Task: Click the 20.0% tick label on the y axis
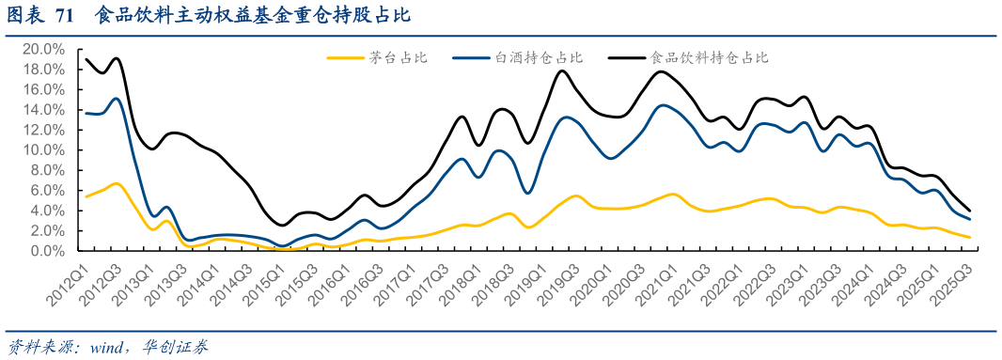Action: click(42, 49)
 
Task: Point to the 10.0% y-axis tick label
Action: click(42, 150)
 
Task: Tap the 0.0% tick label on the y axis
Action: click(46, 251)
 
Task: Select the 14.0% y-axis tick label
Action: click(42, 110)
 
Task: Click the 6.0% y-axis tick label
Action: click(46, 191)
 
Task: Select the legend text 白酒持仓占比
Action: click(540, 58)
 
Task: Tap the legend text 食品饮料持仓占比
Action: click(710, 58)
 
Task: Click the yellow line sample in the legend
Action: click(346, 58)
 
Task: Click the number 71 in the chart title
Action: click(65, 16)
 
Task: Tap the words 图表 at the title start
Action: click(23, 16)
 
